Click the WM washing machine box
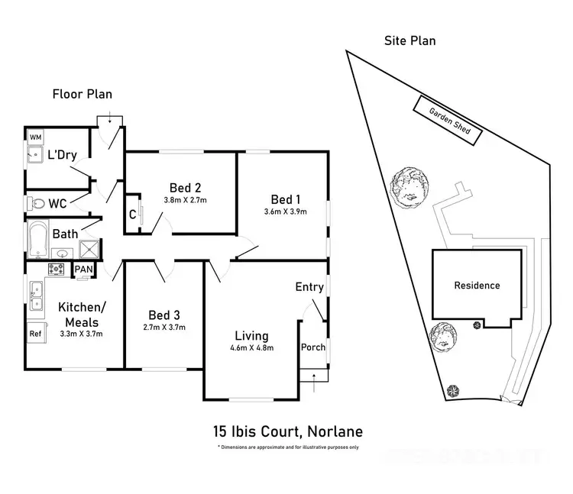tap(36, 137)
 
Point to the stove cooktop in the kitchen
tap(57, 269)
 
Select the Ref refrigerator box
tap(35, 333)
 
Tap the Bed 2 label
tap(185, 187)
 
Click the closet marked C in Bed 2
tap(132, 215)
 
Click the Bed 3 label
tap(164, 315)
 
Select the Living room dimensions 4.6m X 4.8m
tap(251, 348)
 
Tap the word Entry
tap(309, 287)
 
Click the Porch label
tap(313, 347)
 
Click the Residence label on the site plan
tap(477, 286)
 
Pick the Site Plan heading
tap(410, 40)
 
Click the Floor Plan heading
tap(82, 95)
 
